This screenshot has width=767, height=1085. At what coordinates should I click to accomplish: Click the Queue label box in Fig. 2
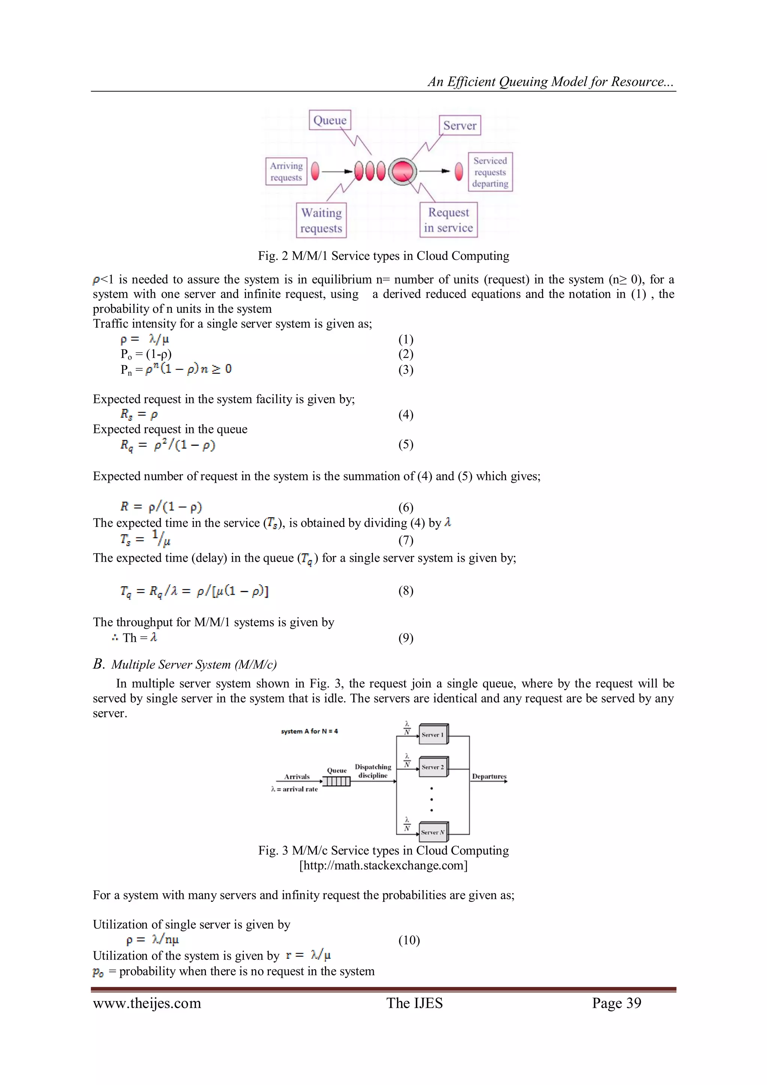(x=330, y=120)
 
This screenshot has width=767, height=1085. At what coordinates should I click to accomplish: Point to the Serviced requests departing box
(x=490, y=172)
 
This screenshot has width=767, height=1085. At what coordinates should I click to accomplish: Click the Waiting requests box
(x=321, y=220)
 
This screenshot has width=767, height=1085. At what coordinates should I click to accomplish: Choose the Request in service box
(x=449, y=220)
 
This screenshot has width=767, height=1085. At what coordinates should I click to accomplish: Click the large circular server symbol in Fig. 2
(x=402, y=171)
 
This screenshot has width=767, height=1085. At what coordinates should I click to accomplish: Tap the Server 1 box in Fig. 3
(x=433, y=734)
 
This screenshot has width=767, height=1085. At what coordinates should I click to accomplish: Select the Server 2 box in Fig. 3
(x=433, y=767)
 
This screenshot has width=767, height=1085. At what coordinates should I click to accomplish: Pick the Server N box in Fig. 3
(x=433, y=832)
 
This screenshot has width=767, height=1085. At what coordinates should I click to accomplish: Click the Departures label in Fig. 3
(x=489, y=776)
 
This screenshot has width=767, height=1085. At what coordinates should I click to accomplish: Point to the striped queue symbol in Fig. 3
(x=336, y=782)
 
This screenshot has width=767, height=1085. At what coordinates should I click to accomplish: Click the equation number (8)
(x=406, y=591)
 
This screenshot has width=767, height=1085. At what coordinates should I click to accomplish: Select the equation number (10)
(x=409, y=940)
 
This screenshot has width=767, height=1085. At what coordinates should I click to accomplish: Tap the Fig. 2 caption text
(x=383, y=256)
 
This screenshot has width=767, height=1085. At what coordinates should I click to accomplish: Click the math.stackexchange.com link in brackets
(x=383, y=865)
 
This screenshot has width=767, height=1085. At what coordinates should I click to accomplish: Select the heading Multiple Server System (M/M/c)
(x=194, y=664)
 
